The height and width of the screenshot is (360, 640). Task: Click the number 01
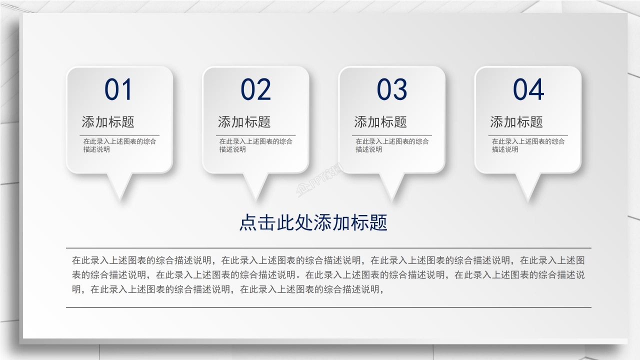click(x=118, y=90)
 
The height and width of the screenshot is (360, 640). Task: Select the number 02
click(x=255, y=90)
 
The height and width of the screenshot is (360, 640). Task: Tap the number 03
click(x=392, y=90)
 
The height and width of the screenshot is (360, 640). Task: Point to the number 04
click(x=528, y=90)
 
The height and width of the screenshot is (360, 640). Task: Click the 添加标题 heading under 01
click(x=108, y=122)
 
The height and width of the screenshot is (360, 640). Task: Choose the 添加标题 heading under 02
click(x=244, y=122)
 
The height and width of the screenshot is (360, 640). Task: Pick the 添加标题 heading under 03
click(x=380, y=122)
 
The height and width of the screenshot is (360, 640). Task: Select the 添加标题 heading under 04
click(x=516, y=122)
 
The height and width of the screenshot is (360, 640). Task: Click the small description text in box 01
click(x=119, y=145)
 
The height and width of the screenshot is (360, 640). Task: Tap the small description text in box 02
click(x=255, y=145)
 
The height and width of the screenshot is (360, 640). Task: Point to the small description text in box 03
click(x=392, y=145)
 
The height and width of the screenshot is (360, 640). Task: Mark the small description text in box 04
click(x=528, y=145)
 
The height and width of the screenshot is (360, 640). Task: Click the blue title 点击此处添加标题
click(x=313, y=223)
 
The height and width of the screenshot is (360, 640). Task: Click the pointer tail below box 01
click(x=119, y=185)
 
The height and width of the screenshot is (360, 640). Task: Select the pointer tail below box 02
click(x=255, y=185)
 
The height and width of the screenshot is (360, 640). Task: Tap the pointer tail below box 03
click(x=392, y=185)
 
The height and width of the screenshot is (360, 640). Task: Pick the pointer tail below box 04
click(x=528, y=185)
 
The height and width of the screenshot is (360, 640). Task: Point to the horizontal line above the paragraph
click(x=328, y=248)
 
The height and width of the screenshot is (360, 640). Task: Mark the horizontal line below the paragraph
click(x=328, y=307)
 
